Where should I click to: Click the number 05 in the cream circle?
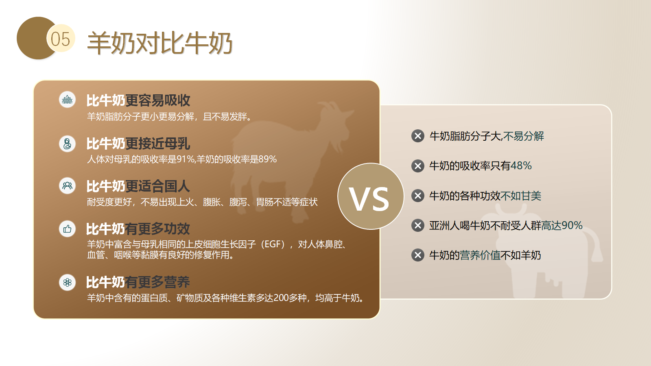61,39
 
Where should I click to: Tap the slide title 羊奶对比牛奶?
159,43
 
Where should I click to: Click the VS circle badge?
371,196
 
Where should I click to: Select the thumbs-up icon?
68,229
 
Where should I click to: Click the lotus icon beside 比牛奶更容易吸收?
68,100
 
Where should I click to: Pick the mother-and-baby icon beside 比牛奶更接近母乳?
68,144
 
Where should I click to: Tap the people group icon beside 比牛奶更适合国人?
68,185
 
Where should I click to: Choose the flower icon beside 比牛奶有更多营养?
68,282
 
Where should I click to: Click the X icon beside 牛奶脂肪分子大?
418,136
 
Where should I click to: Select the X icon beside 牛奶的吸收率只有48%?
418,166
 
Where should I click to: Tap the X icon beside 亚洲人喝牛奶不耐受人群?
418,225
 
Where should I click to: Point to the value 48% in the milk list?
521,166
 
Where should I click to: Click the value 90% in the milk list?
572,225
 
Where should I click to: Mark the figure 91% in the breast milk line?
186,159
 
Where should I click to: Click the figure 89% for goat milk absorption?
267,159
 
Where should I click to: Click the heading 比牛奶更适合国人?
138,186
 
